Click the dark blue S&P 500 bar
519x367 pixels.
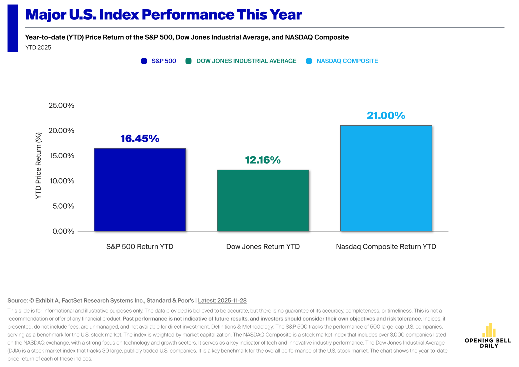(x=140, y=189)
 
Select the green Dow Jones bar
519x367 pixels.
(x=263, y=200)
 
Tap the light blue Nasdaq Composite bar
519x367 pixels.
(x=386, y=178)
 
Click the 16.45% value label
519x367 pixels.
(x=140, y=139)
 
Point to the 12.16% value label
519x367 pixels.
(x=263, y=160)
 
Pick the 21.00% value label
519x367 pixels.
(x=386, y=116)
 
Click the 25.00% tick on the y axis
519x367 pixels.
(x=61, y=105)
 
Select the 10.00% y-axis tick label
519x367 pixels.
(x=62, y=181)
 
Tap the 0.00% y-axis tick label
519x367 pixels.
(x=63, y=231)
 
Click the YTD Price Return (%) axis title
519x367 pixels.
(x=38, y=166)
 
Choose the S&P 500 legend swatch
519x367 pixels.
(x=144, y=61)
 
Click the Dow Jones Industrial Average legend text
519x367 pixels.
(x=246, y=61)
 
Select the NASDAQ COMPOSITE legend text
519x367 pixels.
(x=347, y=61)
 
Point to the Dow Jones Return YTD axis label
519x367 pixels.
(x=263, y=246)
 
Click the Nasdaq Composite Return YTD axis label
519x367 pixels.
(x=386, y=246)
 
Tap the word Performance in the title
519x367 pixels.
(x=188, y=15)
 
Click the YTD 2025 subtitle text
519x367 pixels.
(x=38, y=48)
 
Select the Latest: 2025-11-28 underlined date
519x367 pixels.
(x=222, y=301)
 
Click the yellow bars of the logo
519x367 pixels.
(x=489, y=330)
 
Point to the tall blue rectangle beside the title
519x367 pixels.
(x=13, y=28)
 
